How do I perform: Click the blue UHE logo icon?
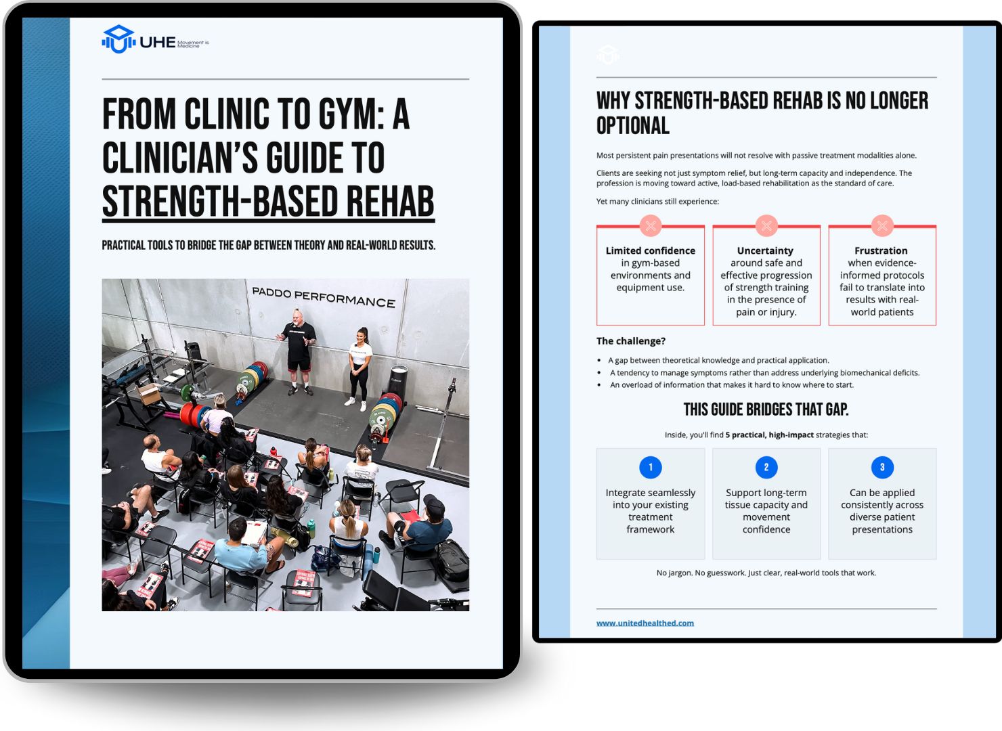coord(118,39)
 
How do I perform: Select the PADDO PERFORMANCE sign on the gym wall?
coord(324,297)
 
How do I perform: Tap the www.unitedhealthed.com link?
coord(645,623)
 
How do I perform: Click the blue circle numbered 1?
coord(651,467)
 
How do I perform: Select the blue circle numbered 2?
coord(766,467)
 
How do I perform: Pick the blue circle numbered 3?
coord(882,467)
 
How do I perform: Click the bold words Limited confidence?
coord(651,251)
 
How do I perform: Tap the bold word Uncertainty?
coord(765,251)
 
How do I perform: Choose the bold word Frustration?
coord(881,251)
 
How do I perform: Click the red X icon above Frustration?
coord(882,226)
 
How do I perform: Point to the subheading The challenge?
coord(631,341)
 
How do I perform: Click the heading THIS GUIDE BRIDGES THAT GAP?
coord(766,409)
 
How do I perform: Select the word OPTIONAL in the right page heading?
coord(633,126)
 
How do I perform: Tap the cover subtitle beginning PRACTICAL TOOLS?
coord(268,245)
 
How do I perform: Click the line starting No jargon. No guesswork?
coord(766,573)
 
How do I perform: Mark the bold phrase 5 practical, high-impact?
coord(769,435)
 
